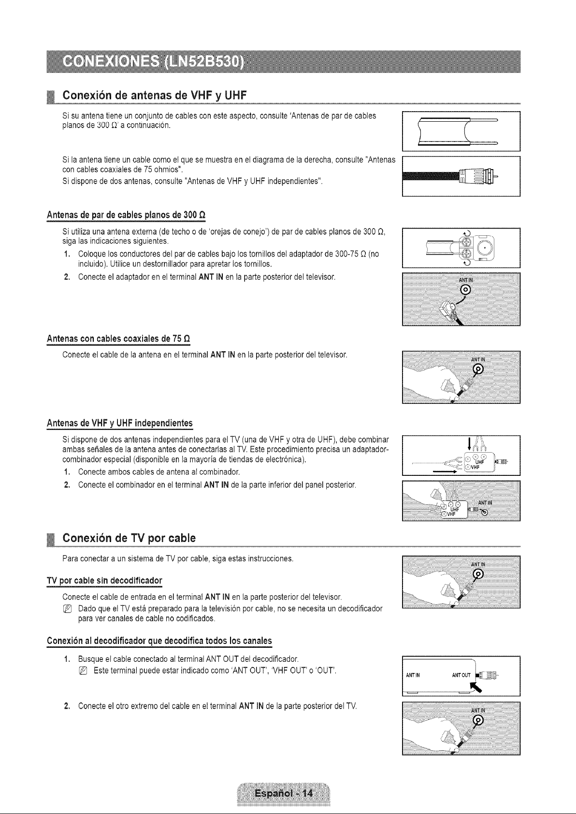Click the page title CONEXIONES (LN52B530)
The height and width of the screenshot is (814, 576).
[153, 61]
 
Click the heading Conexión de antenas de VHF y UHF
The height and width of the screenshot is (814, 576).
[155, 95]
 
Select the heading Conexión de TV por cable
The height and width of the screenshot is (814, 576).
[129, 538]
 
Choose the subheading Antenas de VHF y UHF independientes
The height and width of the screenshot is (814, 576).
[119, 423]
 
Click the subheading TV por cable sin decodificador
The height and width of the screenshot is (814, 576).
[105, 580]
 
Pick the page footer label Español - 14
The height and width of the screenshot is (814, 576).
[284, 793]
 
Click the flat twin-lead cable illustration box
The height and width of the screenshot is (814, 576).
[461, 131]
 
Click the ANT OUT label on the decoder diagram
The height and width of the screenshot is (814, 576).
[461, 675]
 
